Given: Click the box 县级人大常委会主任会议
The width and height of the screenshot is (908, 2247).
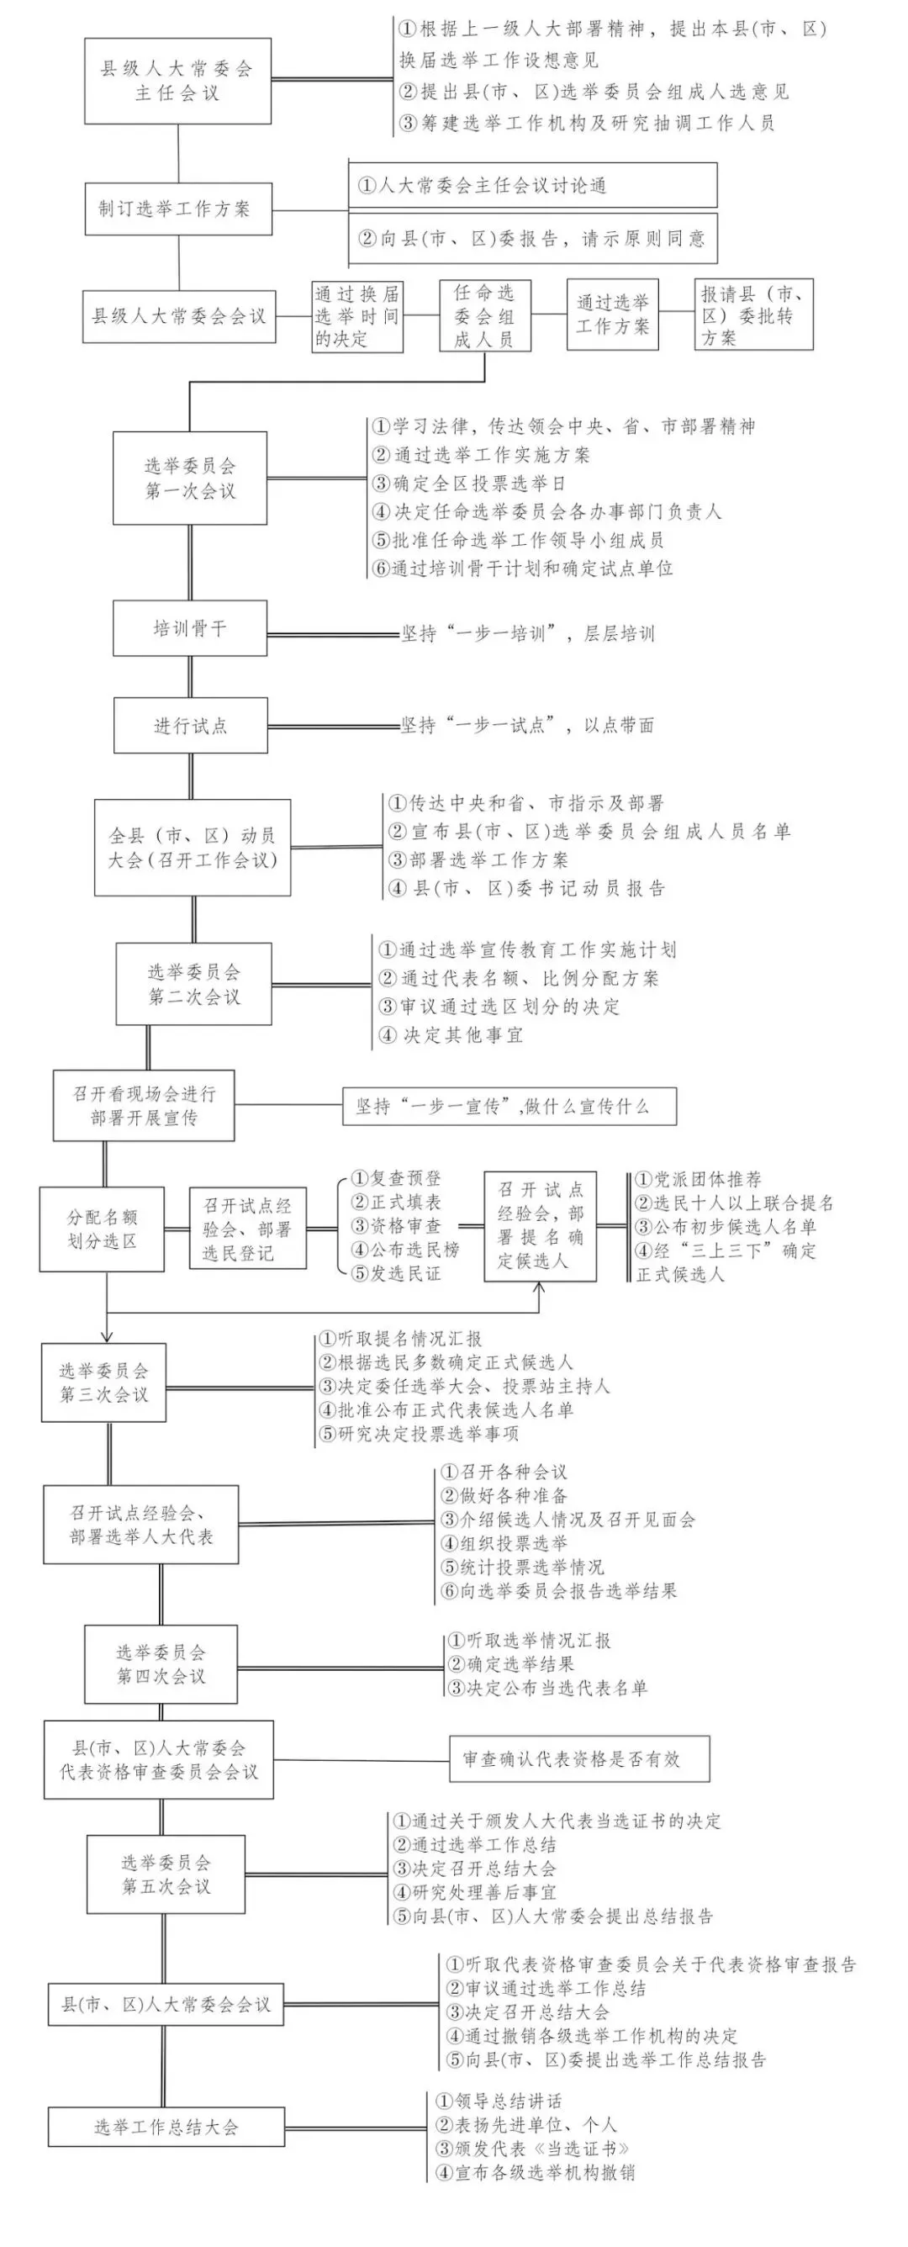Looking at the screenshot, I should [x=177, y=80].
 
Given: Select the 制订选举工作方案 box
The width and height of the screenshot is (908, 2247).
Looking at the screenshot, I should [x=178, y=209].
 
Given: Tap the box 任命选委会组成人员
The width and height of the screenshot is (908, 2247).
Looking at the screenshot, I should [x=484, y=315].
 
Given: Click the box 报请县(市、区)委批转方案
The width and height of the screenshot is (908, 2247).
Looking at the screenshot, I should [x=753, y=315].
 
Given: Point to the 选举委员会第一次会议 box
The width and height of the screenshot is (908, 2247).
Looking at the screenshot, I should [x=189, y=478].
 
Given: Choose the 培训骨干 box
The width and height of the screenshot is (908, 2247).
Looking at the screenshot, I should [x=189, y=628].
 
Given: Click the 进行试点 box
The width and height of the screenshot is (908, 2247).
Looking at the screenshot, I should [x=190, y=726].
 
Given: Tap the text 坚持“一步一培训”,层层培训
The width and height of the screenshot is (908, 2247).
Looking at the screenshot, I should [x=527, y=633].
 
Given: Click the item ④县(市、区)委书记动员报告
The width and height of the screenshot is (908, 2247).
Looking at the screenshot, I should [x=527, y=889].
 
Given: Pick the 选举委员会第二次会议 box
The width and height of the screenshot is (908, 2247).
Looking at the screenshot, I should [x=193, y=984].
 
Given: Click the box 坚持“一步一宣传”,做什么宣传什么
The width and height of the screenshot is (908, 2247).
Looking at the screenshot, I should [x=509, y=1106].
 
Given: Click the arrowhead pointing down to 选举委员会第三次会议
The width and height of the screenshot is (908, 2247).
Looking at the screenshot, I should [x=107, y=1337].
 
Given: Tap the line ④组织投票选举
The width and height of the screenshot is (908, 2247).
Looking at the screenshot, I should [x=504, y=1543].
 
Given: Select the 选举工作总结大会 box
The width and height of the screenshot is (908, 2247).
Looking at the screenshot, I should [x=166, y=2127].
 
